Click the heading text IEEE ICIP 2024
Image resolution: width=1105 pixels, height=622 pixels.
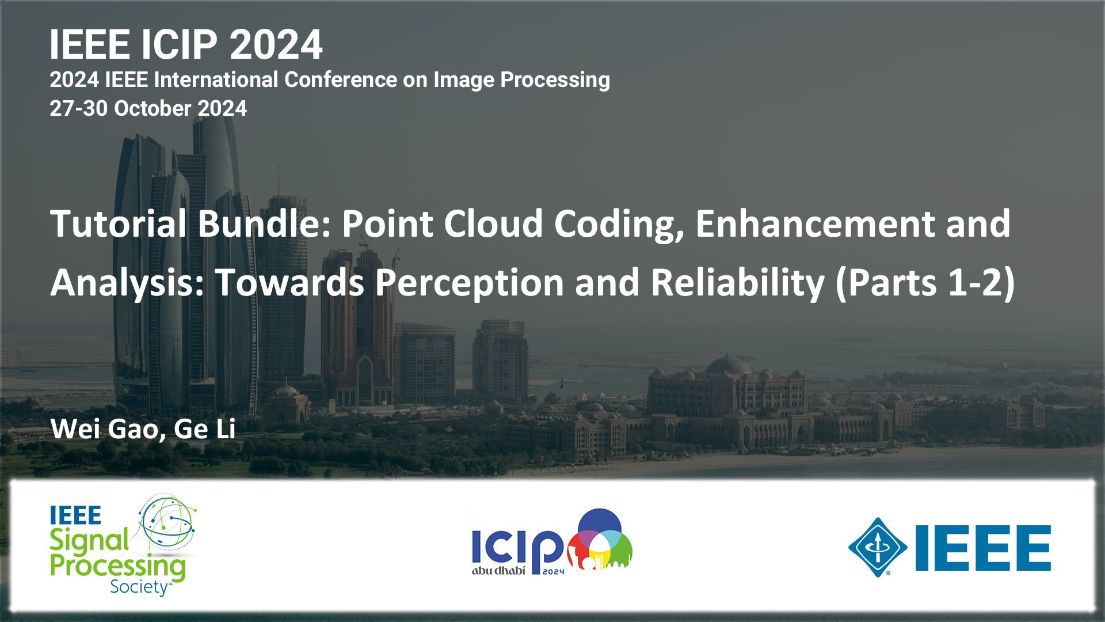186,44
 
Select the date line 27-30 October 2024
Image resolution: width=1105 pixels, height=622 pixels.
148,108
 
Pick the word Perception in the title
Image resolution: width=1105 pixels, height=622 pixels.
469,283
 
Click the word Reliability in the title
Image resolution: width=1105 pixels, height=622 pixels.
738,283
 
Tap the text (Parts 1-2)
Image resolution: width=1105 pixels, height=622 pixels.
924,283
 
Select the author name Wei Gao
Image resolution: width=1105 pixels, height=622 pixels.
104,429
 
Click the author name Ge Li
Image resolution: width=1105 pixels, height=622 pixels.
205,429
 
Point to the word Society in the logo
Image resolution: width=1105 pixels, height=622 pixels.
139,587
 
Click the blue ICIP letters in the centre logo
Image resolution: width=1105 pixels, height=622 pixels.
517,545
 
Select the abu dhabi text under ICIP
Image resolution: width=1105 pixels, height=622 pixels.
498,571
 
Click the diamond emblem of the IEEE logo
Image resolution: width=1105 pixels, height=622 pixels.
878,547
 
